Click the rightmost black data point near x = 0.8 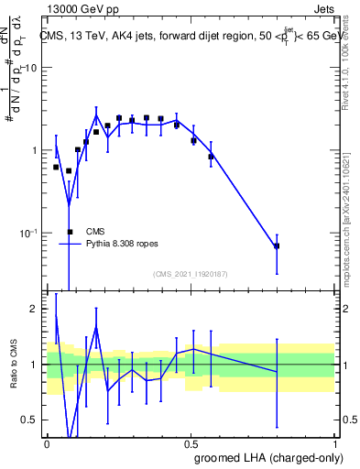pyautogui.click(x=277, y=245)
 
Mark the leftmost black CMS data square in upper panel pyautogui.click(x=56, y=167)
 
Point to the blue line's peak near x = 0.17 pyautogui.click(x=96, y=115)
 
